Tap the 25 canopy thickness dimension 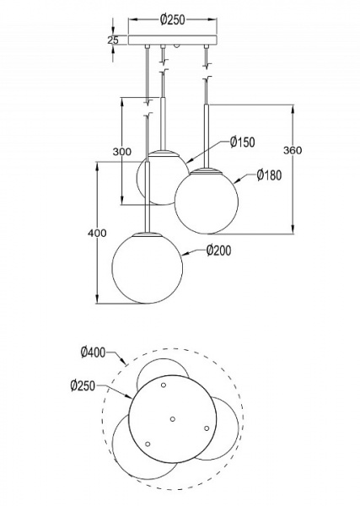click(113, 39)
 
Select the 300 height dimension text click(123, 152)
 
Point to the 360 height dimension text click(293, 151)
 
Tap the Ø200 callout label click(218, 250)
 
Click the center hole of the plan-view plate click(171, 418)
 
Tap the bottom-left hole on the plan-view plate click(147, 444)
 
